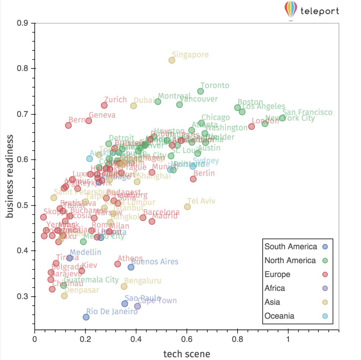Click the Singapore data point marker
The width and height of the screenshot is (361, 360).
click(172, 60)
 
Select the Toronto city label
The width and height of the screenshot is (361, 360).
click(215, 85)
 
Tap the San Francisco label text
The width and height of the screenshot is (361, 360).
click(307, 112)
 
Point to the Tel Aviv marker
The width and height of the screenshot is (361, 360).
click(187, 207)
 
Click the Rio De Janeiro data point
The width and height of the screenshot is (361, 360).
click(86, 317)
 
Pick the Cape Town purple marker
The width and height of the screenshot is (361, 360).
click(137, 306)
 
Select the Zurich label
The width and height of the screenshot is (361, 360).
click(115, 99)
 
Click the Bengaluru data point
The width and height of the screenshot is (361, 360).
click(124, 286)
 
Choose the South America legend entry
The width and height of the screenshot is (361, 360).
click(291, 247)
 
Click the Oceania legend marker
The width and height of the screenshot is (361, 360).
click(325, 316)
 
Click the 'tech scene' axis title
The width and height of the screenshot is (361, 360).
click(187, 354)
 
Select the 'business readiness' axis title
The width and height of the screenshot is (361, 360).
click(10, 176)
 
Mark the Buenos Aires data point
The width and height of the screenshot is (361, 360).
click(131, 267)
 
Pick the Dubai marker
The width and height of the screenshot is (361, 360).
click(133, 106)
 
